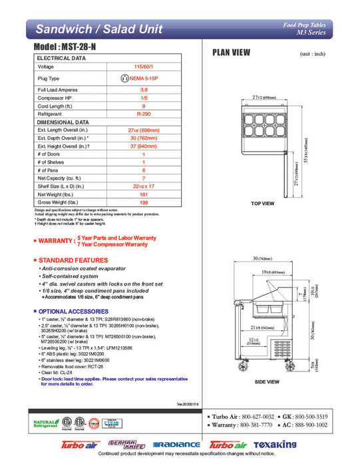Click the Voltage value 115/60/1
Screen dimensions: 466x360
(144, 67)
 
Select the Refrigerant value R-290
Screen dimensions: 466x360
(144, 115)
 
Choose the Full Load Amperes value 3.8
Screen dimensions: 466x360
(144, 89)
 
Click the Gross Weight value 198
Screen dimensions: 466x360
(144, 202)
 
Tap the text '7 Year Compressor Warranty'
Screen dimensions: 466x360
(117, 244)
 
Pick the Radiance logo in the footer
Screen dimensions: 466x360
(176, 444)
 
